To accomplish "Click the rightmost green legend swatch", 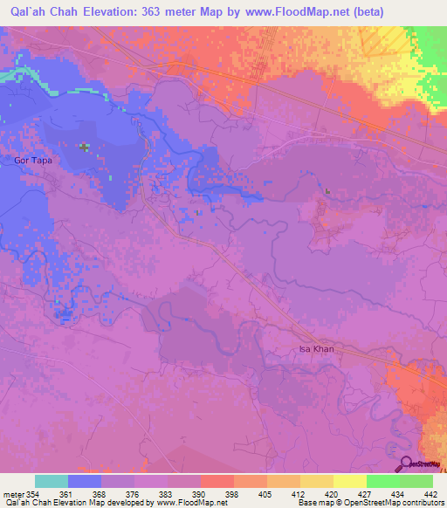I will click(x=416, y=481).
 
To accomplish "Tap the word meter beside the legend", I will click(x=12, y=493).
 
